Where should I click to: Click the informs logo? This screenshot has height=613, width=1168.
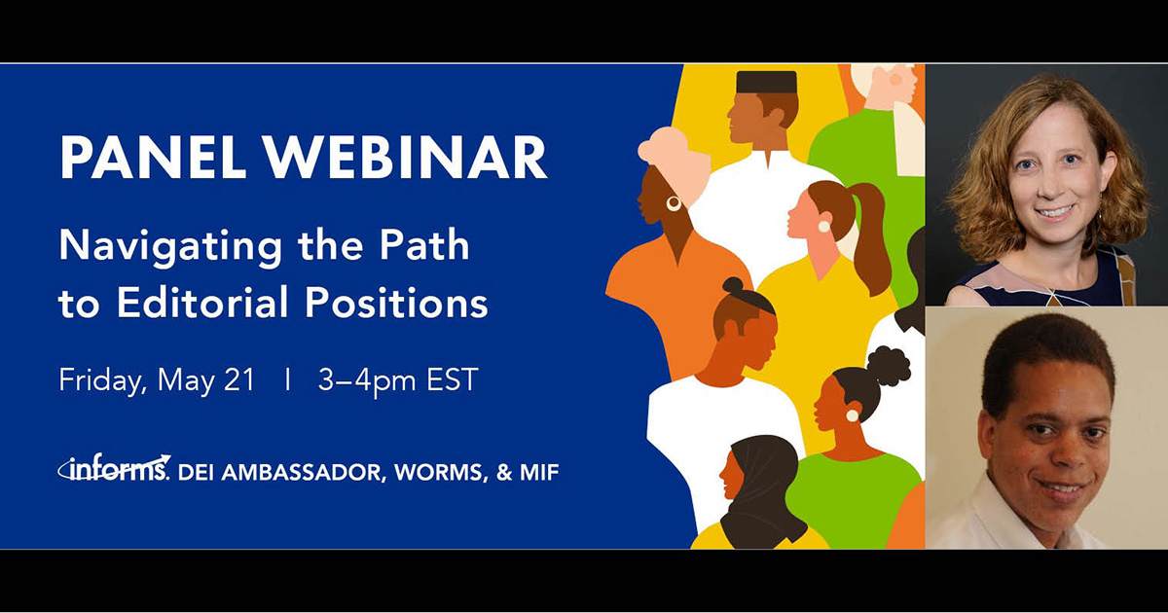point(115,471)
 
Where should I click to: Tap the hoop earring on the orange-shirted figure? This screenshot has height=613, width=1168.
point(674,203)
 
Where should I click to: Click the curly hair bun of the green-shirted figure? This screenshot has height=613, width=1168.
point(888,366)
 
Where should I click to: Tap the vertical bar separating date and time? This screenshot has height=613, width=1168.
point(287,380)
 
